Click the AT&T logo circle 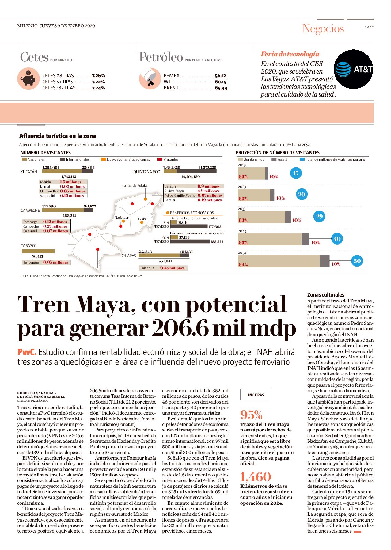point(353,69)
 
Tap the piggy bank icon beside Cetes point(28,79)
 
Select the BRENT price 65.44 point(221,88)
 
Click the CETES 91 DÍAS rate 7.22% point(98,82)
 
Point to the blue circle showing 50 point(357,261)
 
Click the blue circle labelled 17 point(296,173)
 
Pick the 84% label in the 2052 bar point(243,264)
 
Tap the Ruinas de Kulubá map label point(135,185)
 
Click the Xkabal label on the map point(142,219)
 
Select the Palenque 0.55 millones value point(172,268)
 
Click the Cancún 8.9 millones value point(208,186)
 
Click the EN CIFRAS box point(256,395)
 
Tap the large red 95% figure point(252,415)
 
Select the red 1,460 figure point(256,477)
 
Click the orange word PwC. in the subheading point(27,352)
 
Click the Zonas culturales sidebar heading point(326,295)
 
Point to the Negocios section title point(323,28)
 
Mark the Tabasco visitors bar point(38,251)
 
